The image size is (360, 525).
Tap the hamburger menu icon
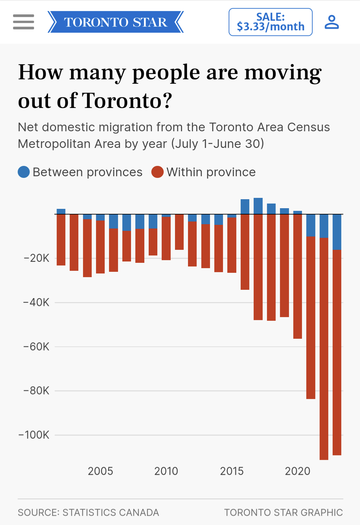point(23,22)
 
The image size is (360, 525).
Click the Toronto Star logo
point(115,22)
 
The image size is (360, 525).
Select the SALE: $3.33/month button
point(270,22)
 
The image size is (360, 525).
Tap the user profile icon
point(332,22)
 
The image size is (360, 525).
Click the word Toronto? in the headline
point(127,100)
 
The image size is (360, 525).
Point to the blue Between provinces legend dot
point(24,172)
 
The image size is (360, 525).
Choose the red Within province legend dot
point(157,172)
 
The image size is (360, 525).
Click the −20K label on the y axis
point(37,258)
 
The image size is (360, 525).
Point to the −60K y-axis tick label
point(36,347)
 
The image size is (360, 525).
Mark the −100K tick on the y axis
point(34,435)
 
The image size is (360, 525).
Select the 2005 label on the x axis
point(100,471)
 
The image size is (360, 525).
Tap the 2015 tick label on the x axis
point(232,471)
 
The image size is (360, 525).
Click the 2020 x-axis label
point(297,471)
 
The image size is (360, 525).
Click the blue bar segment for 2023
point(337,232)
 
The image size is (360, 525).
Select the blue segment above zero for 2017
point(258,206)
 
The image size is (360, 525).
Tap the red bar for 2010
point(166,238)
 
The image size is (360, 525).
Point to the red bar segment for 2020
point(298,276)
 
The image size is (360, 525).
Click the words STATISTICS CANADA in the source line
point(111,512)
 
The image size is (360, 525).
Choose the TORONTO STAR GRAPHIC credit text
point(283,512)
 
